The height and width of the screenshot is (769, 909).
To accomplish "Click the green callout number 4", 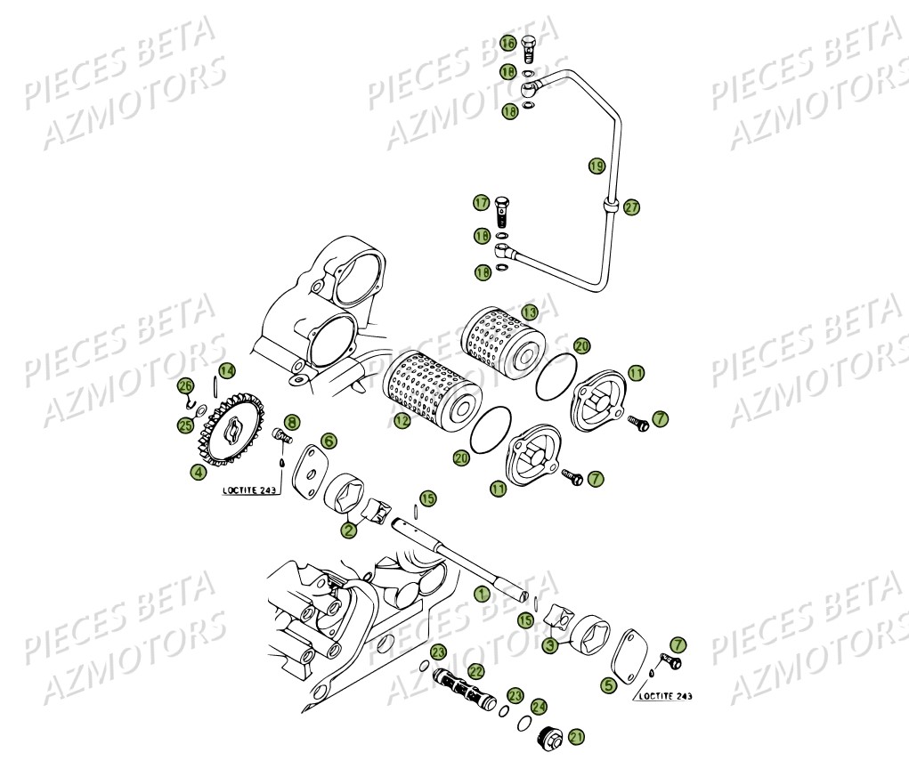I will tap(197, 473).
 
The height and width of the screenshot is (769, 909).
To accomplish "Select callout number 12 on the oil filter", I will tap(402, 421).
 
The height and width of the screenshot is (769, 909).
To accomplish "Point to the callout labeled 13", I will tap(530, 312).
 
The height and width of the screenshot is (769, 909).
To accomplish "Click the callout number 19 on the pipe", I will tap(596, 166).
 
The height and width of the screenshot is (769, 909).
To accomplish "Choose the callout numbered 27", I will tap(631, 206).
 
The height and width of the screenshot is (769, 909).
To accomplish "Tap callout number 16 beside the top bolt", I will tap(507, 43).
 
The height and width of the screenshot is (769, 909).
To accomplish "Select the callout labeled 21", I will tap(576, 736).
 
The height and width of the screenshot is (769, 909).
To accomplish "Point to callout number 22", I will tap(476, 671).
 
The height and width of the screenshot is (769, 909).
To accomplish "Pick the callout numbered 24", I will tap(539, 706).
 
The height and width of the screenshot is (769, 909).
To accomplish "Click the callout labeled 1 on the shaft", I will tap(482, 594).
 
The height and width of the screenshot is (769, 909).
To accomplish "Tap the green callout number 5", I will tap(608, 685).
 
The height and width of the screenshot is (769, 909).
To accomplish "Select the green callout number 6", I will tap(329, 441).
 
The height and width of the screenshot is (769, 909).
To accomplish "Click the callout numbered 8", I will tap(292, 422).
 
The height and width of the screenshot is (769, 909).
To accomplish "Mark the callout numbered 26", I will tap(185, 386).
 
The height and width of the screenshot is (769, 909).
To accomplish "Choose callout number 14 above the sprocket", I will tap(227, 370).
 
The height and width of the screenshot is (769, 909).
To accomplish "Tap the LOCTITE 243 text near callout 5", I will tap(664, 696).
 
